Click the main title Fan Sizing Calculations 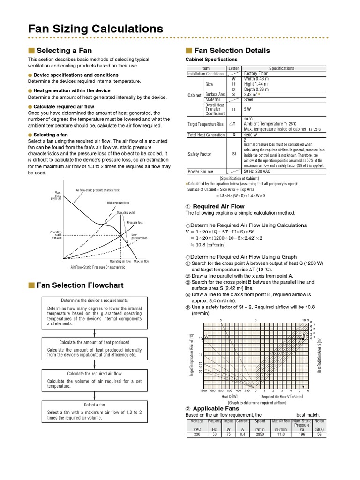pyautogui.click(x=96, y=29)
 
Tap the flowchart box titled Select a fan pyautogui.click(x=95, y=412)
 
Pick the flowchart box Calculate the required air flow pyautogui.click(x=95, y=381)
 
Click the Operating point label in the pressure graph pyautogui.click(x=126, y=212)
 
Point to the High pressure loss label pyautogui.click(x=118, y=203)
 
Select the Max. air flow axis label pyautogui.click(x=141, y=261)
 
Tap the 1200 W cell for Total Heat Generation pyautogui.click(x=251, y=135)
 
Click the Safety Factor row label pyautogui.click(x=199, y=154)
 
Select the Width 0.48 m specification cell pyautogui.click(x=256, y=79)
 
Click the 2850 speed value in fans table pyautogui.click(x=260, y=435)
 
